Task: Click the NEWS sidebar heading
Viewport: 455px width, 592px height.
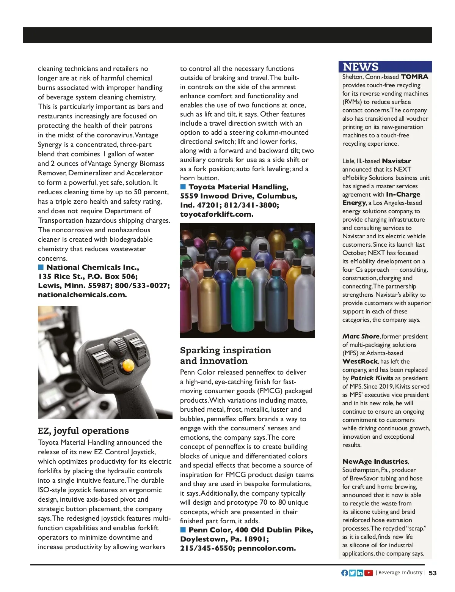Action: [361, 67]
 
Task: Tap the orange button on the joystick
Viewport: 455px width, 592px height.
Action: [127, 365]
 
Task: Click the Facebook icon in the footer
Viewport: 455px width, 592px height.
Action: [345, 573]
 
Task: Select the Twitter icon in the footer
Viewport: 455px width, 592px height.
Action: [352, 573]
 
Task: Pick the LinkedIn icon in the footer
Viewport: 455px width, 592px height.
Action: [360, 573]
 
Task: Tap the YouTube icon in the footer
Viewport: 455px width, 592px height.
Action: [369, 573]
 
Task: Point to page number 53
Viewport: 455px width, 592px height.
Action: [433, 573]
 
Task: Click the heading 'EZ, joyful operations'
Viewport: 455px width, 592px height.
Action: [83, 431]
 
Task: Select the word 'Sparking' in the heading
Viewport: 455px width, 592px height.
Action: [200, 350]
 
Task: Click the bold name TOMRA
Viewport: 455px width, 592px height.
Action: [414, 77]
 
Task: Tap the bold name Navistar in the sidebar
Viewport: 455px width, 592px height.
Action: [397, 161]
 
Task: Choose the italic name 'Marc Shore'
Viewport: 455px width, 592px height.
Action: [361, 336]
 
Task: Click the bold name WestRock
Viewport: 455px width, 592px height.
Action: [360, 361]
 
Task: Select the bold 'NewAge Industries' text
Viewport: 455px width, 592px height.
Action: [375, 461]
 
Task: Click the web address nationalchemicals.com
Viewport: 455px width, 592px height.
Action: [82, 294]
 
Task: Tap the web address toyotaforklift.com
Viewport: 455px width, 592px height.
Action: [217, 214]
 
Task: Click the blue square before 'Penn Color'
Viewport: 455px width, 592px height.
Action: [183, 529]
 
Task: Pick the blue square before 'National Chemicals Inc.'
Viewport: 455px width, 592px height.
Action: [41, 267]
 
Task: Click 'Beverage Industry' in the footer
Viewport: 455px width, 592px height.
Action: [400, 573]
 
